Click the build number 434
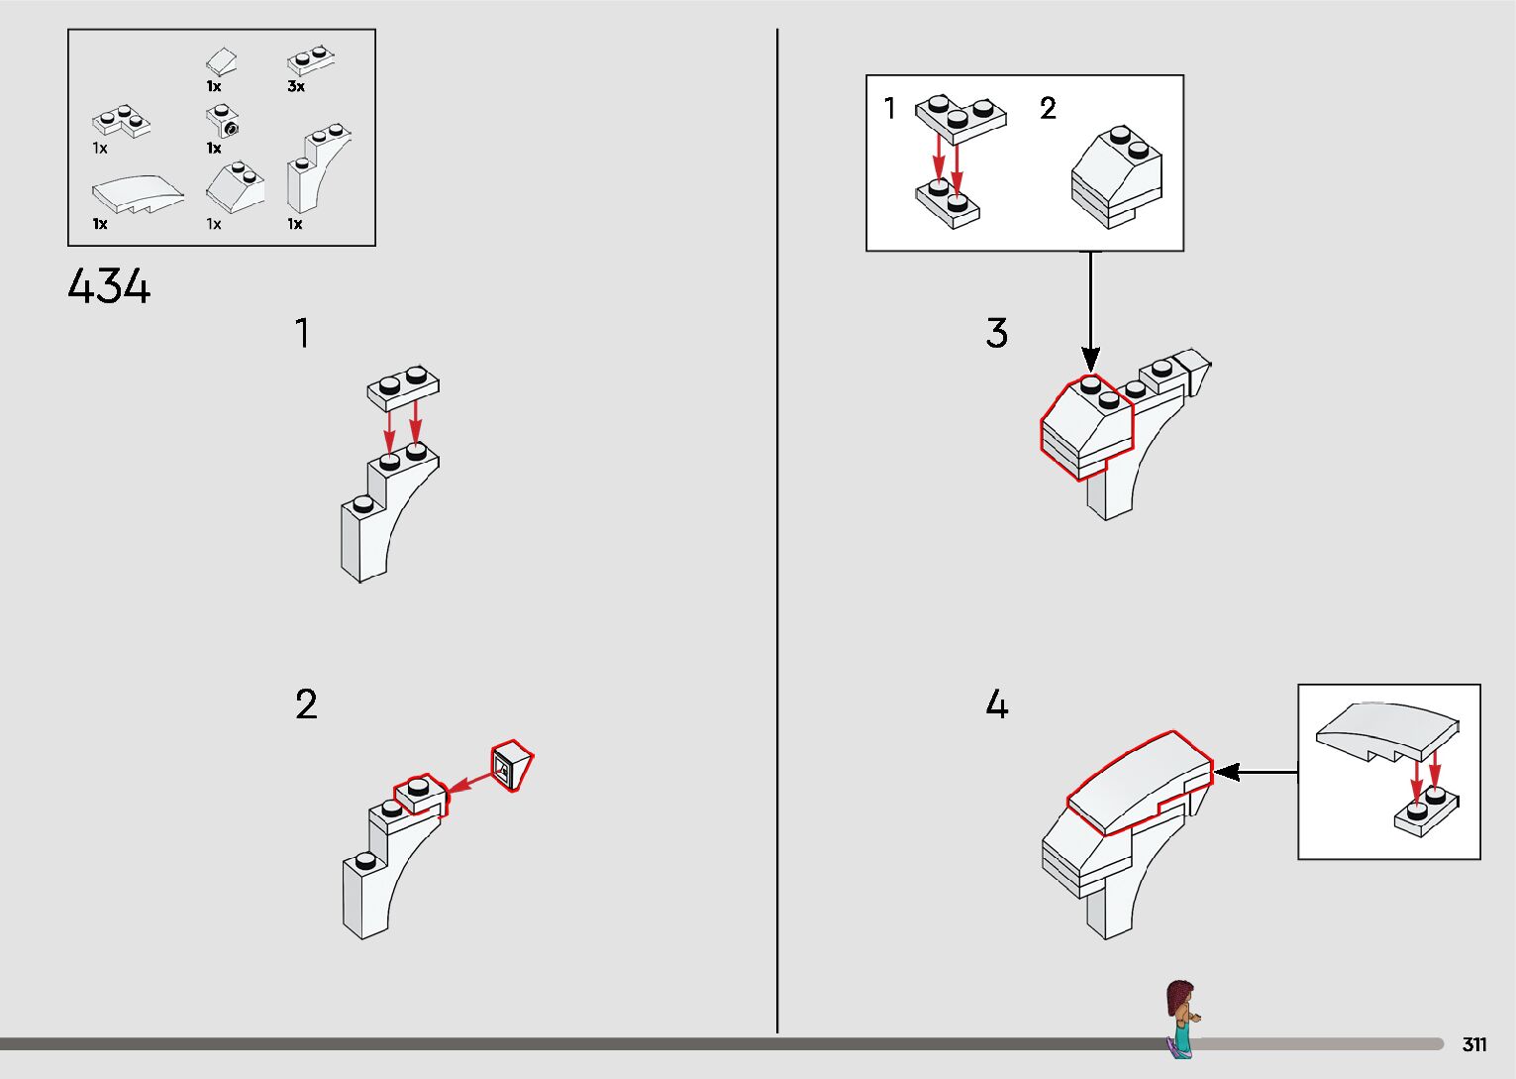point(109,285)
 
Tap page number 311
point(1474,1043)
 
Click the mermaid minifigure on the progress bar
point(1181,1018)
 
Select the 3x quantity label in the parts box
point(296,86)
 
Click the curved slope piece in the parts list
point(138,194)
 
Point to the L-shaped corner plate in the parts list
point(121,122)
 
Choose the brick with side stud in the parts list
point(222,121)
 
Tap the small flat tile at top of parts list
point(221,61)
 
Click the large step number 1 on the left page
point(303,333)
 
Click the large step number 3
point(996,333)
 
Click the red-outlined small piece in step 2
point(511,765)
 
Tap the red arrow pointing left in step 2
point(469,783)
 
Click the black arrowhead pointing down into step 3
point(1090,359)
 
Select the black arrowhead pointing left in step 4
point(1226,772)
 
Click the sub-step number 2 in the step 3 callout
point(1048,108)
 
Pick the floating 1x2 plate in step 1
point(403,388)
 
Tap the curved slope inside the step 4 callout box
point(1386,733)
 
